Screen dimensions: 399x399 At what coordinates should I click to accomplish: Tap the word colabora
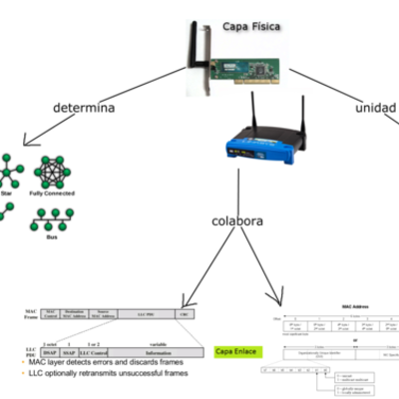237,221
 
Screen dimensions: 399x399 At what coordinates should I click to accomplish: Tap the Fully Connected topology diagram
52,174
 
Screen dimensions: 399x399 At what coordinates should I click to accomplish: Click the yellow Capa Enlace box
235,351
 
